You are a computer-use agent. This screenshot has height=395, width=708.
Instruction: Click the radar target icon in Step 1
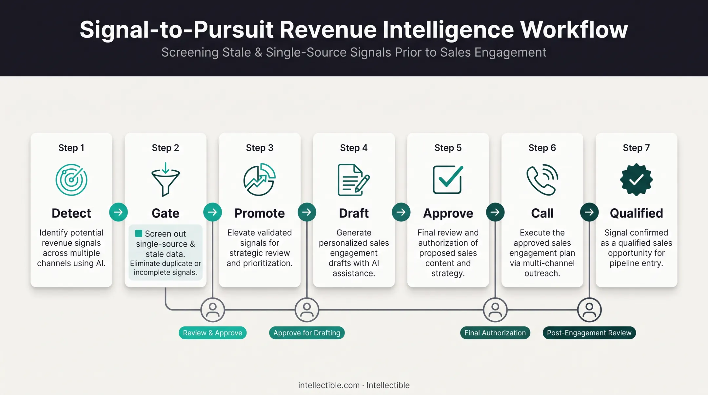(x=71, y=180)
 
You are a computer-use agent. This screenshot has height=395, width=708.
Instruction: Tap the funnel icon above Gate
(x=166, y=180)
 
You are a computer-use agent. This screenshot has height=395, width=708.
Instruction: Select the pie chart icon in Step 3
(x=260, y=179)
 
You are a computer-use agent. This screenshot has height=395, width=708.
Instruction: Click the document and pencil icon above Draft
(x=354, y=180)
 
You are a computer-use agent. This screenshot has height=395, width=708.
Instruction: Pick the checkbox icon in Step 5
(x=448, y=180)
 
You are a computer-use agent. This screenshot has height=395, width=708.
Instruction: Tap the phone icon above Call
(x=542, y=180)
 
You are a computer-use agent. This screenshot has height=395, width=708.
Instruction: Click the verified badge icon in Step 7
(x=636, y=180)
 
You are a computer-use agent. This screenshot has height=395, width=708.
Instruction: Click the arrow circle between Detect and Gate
(x=118, y=212)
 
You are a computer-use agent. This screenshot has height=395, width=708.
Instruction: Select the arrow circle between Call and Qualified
(x=589, y=212)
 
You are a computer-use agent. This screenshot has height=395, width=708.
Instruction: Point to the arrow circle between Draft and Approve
(x=401, y=212)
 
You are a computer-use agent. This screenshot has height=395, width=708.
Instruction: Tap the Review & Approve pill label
(x=212, y=333)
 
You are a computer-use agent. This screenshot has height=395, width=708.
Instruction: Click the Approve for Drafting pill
(x=307, y=333)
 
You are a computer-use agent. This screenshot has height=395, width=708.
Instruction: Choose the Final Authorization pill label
(x=495, y=333)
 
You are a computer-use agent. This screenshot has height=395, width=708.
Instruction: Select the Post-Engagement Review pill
(x=589, y=333)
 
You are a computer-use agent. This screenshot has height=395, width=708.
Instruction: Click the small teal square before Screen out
(x=139, y=233)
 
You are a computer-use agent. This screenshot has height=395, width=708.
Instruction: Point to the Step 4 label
(x=354, y=148)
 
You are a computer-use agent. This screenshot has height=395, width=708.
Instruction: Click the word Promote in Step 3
(x=260, y=213)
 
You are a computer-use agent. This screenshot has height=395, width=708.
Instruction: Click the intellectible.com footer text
(x=329, y=385)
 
